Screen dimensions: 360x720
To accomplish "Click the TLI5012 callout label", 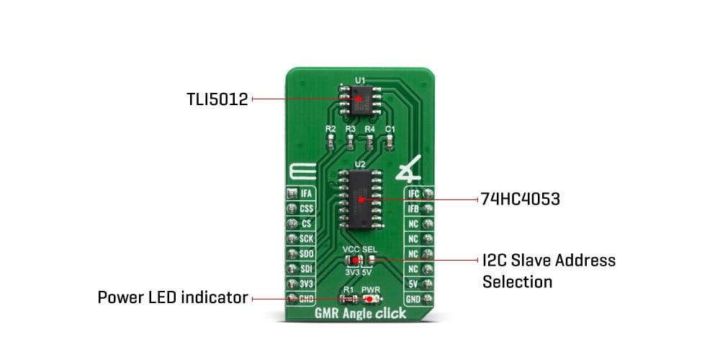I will [217, 99].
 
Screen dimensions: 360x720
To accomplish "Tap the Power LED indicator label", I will [173, 297].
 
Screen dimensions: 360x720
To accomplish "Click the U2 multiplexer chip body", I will [360, 197].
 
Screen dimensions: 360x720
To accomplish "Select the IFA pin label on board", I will [305, 193].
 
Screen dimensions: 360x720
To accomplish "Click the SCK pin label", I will [305, 238].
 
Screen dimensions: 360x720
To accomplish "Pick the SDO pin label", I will [305, 253].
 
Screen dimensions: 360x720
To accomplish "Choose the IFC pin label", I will [413, 193].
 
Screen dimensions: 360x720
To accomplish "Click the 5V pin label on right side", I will [413, 284].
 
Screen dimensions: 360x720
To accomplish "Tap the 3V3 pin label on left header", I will [305, 284].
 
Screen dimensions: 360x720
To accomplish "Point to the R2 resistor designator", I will [330, 129].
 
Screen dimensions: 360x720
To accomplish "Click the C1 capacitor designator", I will [390, 129].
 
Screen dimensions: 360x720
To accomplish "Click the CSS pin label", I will [305, 208].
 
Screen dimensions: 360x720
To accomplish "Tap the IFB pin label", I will [413, 208].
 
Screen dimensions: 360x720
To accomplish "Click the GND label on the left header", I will [305, 299].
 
